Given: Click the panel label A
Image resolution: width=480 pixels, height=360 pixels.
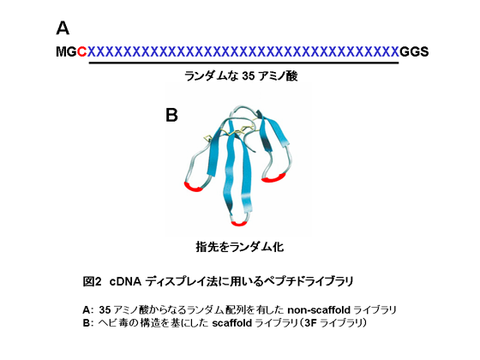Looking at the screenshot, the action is (63, 28).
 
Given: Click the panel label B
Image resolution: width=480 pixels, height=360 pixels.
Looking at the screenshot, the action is (171, 115).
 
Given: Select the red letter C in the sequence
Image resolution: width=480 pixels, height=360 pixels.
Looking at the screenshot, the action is (81, 51).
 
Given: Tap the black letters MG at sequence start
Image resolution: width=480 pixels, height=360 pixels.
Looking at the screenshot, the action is (67, 51).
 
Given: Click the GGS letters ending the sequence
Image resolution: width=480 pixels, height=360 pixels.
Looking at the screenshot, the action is (414, 51).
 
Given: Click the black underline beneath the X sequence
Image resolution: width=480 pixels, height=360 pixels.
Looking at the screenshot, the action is (243, 63).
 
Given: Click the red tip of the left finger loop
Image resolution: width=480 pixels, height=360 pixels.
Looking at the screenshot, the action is (193, 187).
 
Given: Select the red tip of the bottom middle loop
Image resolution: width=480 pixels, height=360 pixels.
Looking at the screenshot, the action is (239, 223).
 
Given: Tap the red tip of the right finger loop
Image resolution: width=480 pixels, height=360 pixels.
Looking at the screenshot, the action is (273, 178).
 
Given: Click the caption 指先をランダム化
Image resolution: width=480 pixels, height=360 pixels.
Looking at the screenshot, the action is (240, 247).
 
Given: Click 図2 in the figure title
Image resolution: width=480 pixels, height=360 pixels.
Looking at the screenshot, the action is (92, 281).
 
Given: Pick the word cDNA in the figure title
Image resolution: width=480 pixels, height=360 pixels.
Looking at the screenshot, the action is (125, 281).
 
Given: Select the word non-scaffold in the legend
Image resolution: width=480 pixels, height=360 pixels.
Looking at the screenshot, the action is (319, 310).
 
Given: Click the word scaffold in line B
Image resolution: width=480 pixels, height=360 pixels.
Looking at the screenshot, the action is (231, 323).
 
